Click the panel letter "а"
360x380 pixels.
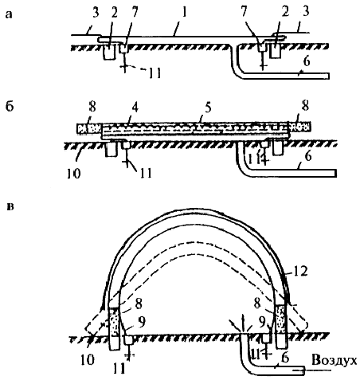(x=9, y=15)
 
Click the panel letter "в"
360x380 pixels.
(x=10, y=207)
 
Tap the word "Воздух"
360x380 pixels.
(x=335, y=361)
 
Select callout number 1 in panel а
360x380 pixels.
(x=184, y=12)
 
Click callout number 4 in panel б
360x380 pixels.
(x=135, y=109)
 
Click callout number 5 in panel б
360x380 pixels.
(x=208, y=108)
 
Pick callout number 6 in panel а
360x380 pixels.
(x=306, y=61)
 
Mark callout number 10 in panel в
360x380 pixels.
(x=88, y=360)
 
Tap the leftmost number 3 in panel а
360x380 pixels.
(x=96, y=12)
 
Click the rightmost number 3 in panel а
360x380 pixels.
(x=306, y=12)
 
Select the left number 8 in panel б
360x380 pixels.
(x=92, y=107)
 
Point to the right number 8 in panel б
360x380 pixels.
(x=305, y=106)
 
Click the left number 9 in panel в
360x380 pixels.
(x=142, y=323)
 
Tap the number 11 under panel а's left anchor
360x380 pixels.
(x=155, y=73)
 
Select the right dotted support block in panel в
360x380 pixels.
(x=281, y=319)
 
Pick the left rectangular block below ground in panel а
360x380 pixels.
(x=109, y=52)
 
